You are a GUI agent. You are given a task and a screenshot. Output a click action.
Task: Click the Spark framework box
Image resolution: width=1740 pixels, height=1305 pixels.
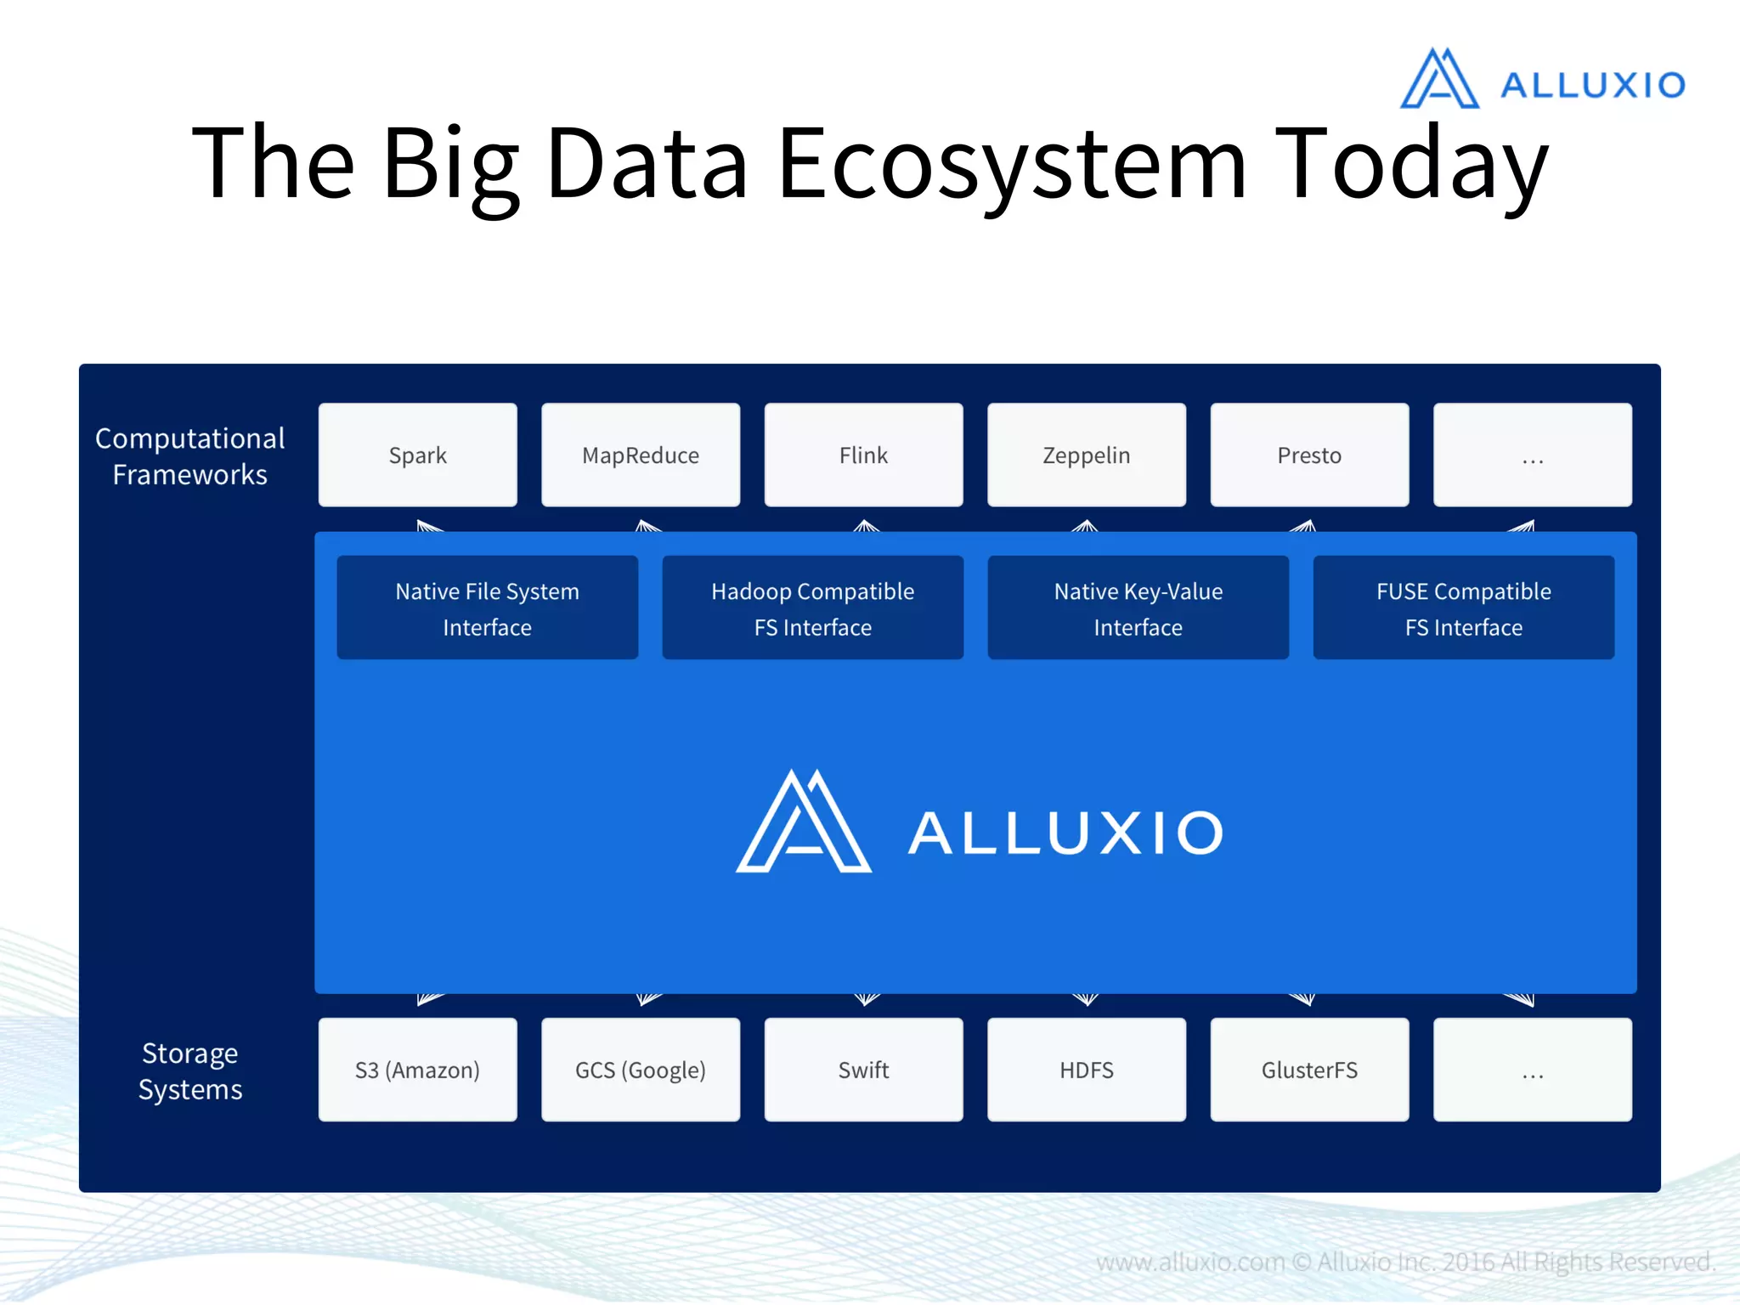[x=417, y=455]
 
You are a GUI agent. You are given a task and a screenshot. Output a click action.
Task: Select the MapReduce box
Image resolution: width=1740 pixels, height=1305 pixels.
[x=641, y=455]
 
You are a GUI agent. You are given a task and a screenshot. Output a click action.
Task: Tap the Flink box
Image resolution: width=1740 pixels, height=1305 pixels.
[x=863, y=455]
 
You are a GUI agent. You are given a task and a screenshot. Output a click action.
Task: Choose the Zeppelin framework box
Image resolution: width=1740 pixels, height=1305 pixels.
[x=1086, y=455]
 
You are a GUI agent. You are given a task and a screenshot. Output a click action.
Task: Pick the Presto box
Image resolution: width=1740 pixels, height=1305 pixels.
[x=1309, y=455]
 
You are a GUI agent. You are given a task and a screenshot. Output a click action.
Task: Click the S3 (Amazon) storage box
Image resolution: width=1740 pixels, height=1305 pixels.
[x=417, y=1070]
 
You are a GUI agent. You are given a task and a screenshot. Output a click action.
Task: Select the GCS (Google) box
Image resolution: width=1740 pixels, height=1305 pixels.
[x=641, y=1070]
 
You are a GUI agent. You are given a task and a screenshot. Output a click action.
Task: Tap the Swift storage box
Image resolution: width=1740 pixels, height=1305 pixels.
[x=863, y=1070]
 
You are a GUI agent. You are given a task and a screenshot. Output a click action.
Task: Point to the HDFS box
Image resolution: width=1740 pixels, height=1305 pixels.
[x=1086, y=1070]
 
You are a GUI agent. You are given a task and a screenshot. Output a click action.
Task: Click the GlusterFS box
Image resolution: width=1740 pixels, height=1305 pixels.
[x=1309, y=1070]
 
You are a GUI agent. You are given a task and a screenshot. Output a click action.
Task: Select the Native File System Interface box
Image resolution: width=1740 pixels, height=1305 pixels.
[x=487, y=607]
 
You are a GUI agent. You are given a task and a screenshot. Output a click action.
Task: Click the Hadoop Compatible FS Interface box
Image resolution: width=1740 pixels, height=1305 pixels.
[x=812, y=607]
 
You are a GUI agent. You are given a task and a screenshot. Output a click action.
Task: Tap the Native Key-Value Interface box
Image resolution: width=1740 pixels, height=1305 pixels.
[x=1138, y=607]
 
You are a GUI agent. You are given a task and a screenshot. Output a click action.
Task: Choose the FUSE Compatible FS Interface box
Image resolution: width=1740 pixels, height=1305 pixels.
[x=1463, y=607]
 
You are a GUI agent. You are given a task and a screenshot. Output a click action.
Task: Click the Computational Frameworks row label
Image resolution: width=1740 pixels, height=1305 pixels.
[x=189, y=456]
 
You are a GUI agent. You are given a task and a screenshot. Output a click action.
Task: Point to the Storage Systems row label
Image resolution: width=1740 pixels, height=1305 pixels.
[x=190, y=1071]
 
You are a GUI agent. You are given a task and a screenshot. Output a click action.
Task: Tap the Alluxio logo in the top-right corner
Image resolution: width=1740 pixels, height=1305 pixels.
[x=1542, y=81]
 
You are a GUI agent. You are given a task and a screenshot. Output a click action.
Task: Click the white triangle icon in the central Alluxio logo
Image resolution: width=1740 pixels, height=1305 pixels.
[x=803, y=824]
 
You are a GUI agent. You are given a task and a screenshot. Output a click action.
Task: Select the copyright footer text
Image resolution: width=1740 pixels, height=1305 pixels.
[x=1405, y=1262]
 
